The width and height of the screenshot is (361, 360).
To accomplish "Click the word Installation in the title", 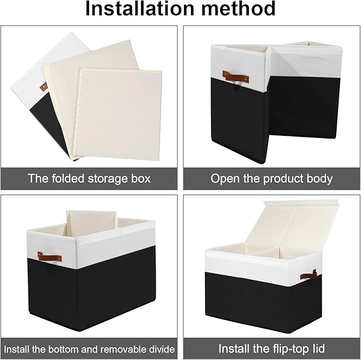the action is (139, 8).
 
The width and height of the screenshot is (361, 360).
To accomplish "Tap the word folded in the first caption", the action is (68, 178).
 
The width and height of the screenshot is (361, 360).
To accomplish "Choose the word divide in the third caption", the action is (161, 349).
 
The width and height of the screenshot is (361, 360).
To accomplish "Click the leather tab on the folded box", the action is (43, 87).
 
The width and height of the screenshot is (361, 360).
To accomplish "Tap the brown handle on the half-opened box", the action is (236, 77).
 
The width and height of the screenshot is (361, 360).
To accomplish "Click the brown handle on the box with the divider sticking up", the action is (49, 257).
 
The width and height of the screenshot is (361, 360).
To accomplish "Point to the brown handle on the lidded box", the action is (308, 275).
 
